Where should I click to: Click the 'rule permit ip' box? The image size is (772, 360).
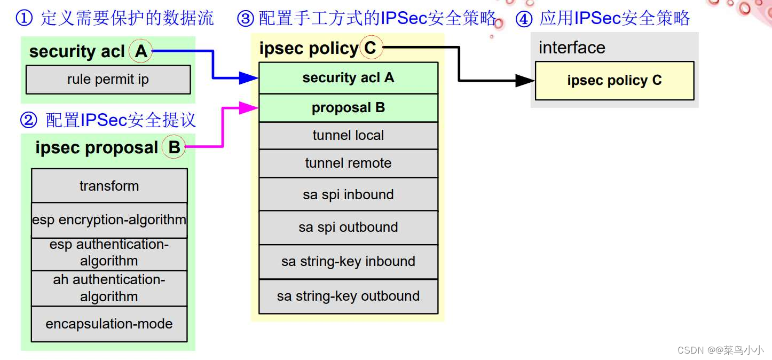[108, 80]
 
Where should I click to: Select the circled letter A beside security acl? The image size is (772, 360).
[141, 51]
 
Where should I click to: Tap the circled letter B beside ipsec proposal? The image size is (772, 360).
[174, 147]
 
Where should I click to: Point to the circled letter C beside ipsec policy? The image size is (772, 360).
[371, 49]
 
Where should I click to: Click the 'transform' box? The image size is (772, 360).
[109, 186]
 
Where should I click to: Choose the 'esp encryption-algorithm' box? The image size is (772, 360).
[109, 220]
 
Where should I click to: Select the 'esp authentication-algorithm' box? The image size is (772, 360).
[109, 253]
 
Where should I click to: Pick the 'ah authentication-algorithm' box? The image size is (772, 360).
[109, 288]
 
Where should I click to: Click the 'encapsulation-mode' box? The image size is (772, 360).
[109, 324]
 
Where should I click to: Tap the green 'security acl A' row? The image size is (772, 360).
[348, 78]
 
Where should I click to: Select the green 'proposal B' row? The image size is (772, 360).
[348, 108]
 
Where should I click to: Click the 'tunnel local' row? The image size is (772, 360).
[348, 136]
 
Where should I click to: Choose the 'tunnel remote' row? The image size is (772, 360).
[348, 163]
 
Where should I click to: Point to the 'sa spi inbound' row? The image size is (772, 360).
[348, 194]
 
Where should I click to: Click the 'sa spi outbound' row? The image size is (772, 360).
[348, 228]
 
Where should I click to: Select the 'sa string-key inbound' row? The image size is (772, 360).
[348, 262]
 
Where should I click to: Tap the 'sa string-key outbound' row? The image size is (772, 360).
[348, 296]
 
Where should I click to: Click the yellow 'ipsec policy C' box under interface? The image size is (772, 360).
[614, 81]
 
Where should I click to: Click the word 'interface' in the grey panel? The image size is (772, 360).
[572, 48]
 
